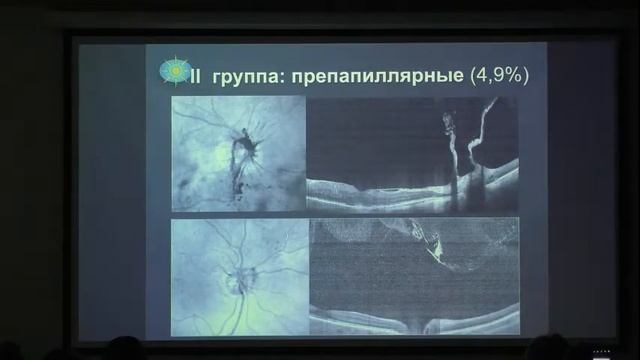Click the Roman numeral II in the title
click(198, 74)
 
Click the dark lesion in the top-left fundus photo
click(243, 149)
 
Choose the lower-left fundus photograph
click(238, 277)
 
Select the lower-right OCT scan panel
click(412, 277)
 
